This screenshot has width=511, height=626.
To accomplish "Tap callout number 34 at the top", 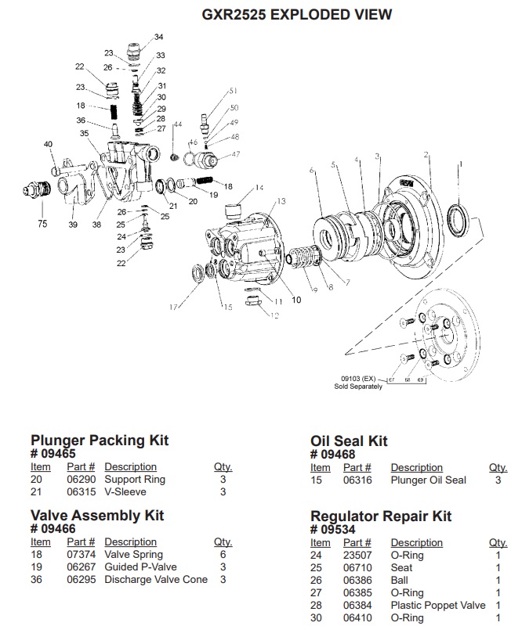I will (159, 38).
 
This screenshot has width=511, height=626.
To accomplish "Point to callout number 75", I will (42, 224).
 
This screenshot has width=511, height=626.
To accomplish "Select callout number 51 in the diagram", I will (233, 92).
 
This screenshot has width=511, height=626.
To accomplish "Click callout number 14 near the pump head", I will (259, 188).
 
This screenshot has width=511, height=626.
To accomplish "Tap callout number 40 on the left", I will (48, 144).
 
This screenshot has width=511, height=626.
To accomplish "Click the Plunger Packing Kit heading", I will (100, 441).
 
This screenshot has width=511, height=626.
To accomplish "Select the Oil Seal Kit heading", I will (349, 441).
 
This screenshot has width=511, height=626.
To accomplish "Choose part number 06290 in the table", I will (81, 480).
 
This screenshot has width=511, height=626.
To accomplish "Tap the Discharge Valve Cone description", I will (156, 579).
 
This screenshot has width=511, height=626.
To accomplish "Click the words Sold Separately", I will (358, 387).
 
